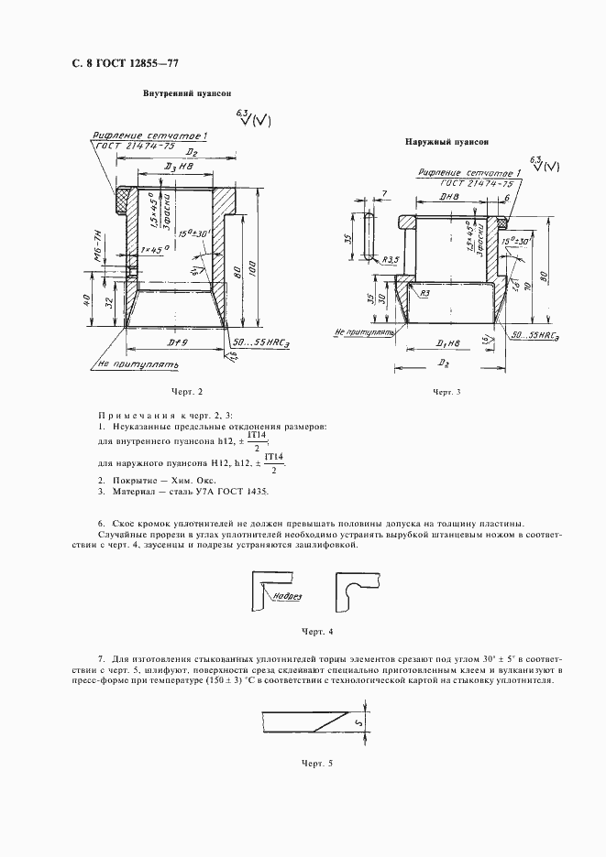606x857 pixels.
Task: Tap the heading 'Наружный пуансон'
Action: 446,142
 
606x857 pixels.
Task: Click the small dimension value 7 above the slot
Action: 385,193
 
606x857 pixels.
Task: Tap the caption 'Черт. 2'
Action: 184,392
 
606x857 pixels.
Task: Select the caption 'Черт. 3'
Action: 446,392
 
